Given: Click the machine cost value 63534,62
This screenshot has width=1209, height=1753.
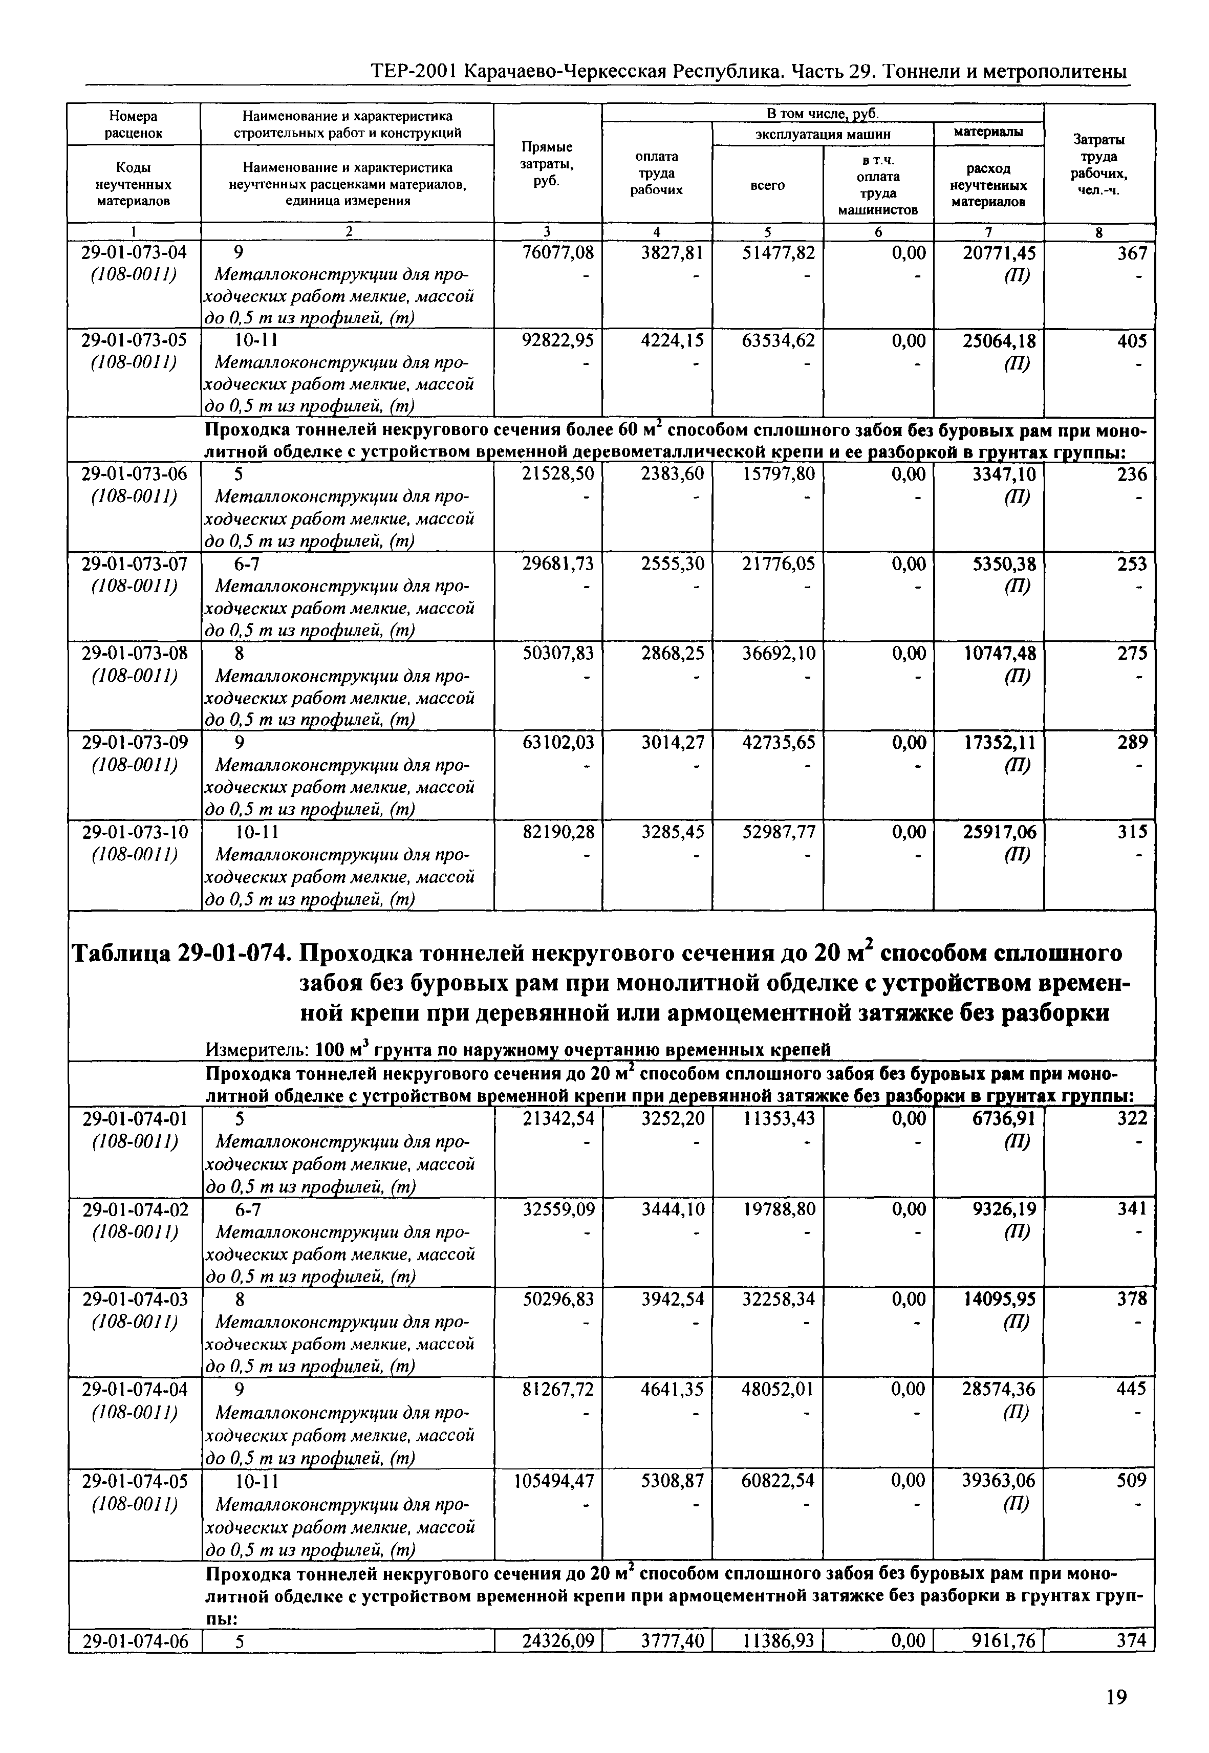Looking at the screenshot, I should (778, 341).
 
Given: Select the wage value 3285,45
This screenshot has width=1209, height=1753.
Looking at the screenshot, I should (673, 832).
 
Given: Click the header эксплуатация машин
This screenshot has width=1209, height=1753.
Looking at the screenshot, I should (822, 134).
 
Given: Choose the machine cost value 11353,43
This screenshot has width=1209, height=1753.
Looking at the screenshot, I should (778, 1118).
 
